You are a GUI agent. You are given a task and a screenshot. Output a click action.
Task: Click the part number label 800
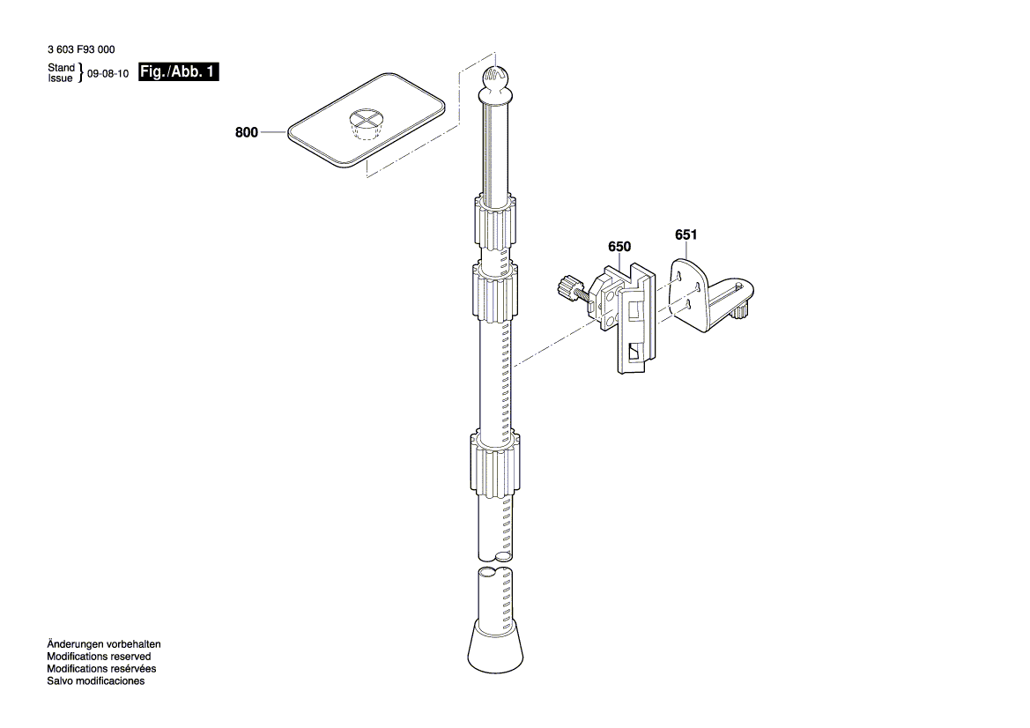click(x=246, y=133)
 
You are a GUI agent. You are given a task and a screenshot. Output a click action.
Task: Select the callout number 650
click(x=619, y=248)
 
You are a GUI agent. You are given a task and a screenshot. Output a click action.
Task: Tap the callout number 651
click(x=685, y=235)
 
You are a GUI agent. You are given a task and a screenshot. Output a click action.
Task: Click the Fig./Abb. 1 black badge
click(x=178, y=73)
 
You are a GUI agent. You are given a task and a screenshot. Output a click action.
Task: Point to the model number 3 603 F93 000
click(x=82, y=51)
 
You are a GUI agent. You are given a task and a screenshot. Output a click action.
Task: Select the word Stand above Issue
click(x=61, y=68)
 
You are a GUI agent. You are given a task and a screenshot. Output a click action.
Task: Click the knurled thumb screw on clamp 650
click(x=567, y=287)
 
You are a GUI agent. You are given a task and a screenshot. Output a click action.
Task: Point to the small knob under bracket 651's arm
click(x=741, y=311)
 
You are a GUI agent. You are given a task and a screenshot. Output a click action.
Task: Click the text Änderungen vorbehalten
click(x=104, y=644)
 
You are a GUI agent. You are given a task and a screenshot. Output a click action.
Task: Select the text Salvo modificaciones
click(x=96, y=681)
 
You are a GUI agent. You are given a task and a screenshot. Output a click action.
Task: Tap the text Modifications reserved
click(x=99, y=657)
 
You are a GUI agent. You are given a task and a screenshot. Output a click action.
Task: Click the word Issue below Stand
click(x=60, y=78)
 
